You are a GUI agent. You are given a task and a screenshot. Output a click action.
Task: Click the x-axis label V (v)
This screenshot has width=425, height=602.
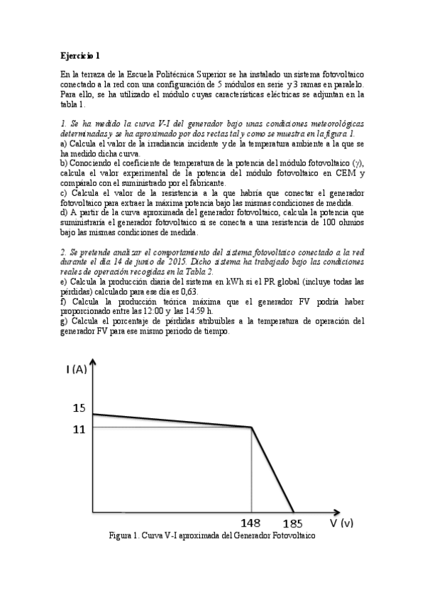pyautogui.click(x=341, y=522)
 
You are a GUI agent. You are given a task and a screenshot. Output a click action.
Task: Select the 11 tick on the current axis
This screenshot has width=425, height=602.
pyautogui.click(x=78, y=428)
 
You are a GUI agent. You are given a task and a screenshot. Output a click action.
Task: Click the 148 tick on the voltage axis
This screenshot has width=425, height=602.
pyautogui.click(x=251, y=525)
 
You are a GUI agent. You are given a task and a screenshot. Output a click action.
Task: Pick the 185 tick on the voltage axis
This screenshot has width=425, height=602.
pyautogui.click(x=292, y=525)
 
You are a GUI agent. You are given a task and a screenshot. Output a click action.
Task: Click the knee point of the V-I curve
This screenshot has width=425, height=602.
pyautogui.click(x=253, y=427)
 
